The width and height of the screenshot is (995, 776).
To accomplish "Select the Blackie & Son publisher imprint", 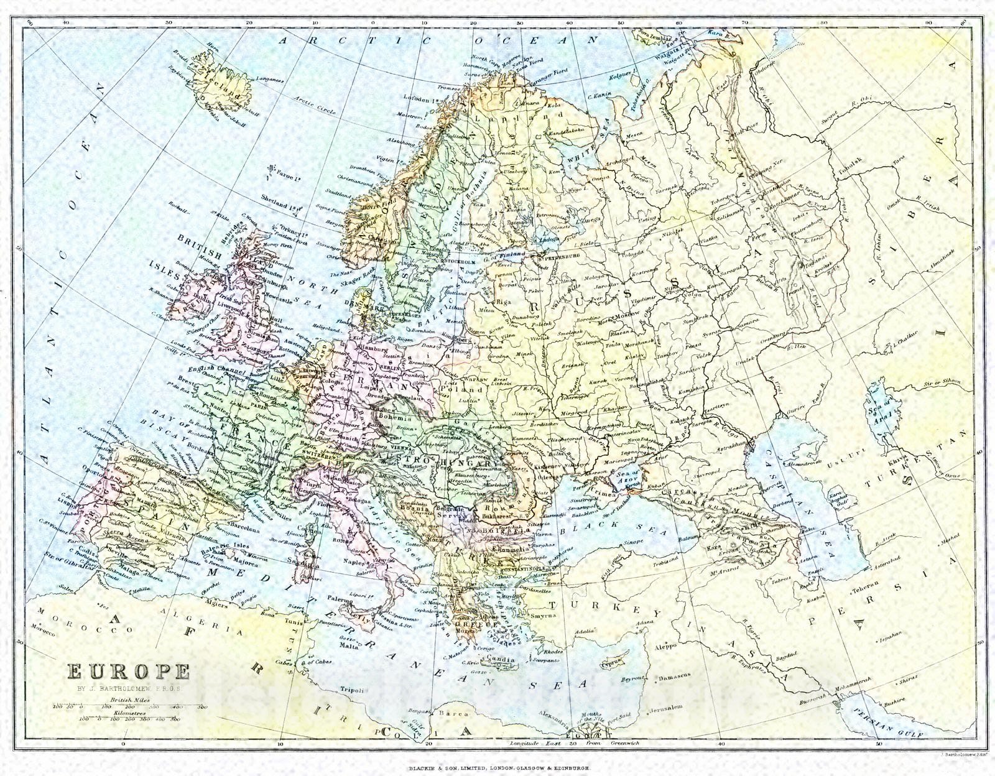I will [498, 768].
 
